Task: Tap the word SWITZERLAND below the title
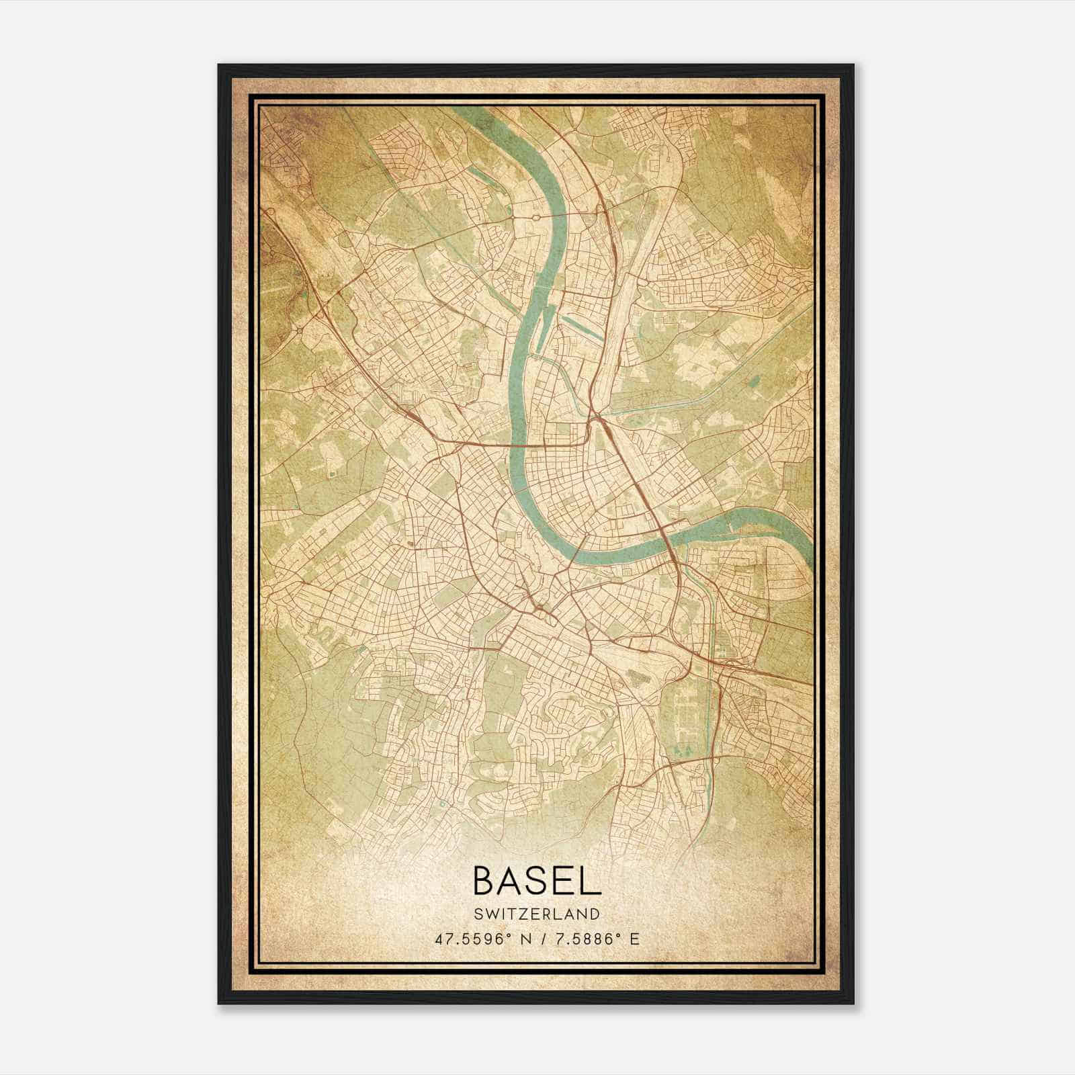(x=537, y=914)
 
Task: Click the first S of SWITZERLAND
(x=478, y=914)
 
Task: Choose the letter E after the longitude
(x=634, y=939)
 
